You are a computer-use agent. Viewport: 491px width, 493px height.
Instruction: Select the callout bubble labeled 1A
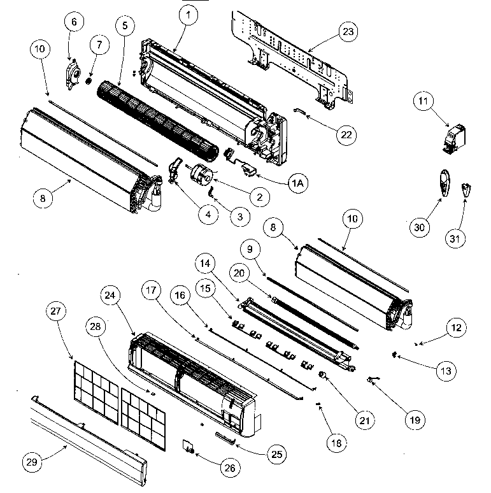click(x=297, y=183)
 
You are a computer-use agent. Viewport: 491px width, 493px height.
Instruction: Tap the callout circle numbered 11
click(x=441, y=100)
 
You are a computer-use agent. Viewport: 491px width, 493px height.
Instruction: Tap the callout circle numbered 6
click(x=73, y=22)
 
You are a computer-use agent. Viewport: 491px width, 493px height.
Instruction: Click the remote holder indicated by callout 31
click(x=467, y=189)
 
